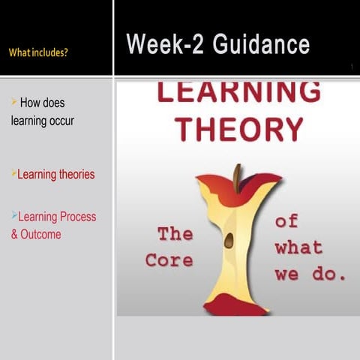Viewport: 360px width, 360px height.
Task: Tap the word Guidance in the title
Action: coord(261,44)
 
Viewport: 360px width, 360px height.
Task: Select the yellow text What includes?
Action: coord(40,52)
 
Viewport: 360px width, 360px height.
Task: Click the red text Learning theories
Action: coord(56,174)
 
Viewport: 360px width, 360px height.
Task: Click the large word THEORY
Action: coord(238,127)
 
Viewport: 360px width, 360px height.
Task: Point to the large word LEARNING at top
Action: coord(238,91)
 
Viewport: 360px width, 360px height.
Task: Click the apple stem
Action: coord(238,178)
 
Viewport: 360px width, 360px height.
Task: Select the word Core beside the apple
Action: coord(169,261)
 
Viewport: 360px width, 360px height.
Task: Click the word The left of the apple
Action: coord(175,234)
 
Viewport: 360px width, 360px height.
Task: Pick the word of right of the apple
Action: coord(286,220)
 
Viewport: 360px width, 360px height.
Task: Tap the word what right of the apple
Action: coord(298,247)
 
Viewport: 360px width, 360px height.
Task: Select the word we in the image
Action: coord(286,274)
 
